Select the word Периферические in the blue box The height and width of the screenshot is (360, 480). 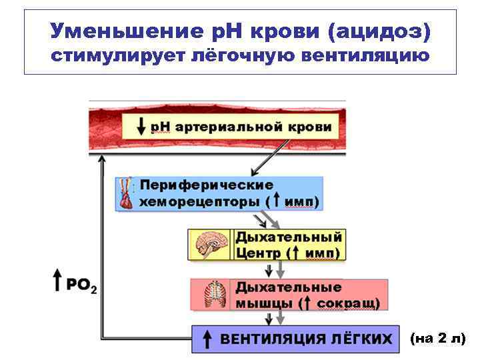coord(207,185)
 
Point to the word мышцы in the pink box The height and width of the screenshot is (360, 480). coord(263,303)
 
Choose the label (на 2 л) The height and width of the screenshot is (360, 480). coord(437,339)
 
